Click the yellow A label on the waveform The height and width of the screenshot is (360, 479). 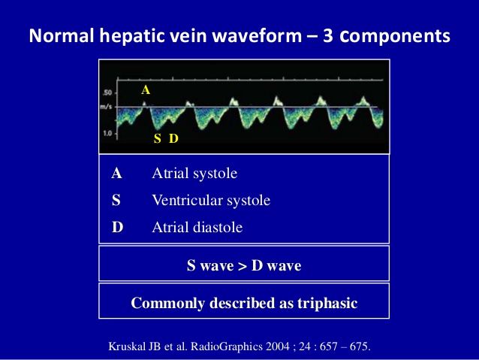coord(146,90)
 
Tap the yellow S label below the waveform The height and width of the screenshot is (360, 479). coord(158,138)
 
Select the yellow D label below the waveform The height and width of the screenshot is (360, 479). coord(173,138)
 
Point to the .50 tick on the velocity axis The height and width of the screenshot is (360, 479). coord(108,92)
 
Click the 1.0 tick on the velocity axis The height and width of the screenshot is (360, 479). coord(108,133)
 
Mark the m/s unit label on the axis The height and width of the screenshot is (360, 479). coord(106,107)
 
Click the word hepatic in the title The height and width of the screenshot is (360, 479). coord(132,36)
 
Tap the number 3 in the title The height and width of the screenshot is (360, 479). coord(328,36)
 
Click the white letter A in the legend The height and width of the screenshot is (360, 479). coord(116,174)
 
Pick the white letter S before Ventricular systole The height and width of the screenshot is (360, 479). coord(116,201)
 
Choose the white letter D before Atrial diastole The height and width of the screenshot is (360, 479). coord(117,227)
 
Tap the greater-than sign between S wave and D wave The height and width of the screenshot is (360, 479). coord(243,266)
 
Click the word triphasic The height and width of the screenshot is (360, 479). coord(327,304)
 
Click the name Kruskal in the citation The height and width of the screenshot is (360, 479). coord(127,346)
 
